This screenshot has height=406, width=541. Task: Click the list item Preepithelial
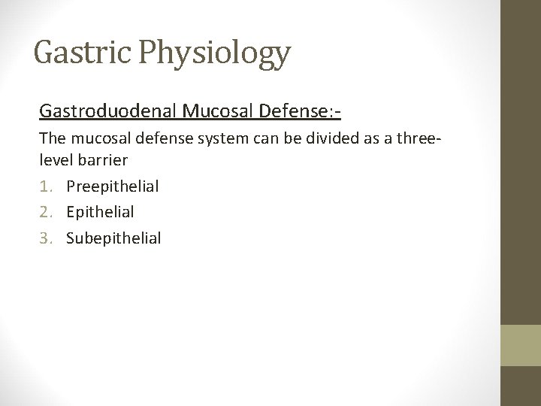(x=112, y=186)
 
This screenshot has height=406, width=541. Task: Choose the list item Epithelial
(x=100, y=212)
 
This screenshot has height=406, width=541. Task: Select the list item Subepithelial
(x=113, y=238)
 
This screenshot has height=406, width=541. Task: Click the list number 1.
(x=45, y=186)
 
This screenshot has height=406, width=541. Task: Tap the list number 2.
(x=45, y=212)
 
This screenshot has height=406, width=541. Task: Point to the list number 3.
(x=45, y=238)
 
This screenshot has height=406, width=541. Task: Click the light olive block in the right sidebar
(x=520, y=346)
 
